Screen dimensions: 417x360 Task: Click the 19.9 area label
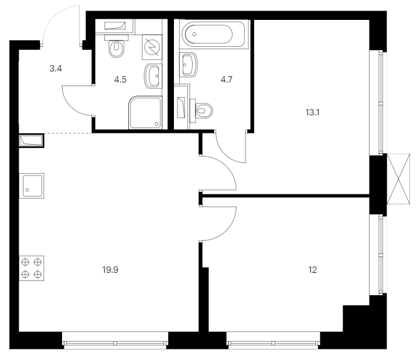tap(110, 270)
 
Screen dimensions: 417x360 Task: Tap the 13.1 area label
tap(313, 112)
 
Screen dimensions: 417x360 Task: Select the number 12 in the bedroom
tap(313, 270)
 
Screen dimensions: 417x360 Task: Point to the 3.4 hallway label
tap(56, 68)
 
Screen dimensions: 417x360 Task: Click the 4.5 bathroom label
tap(120, 80)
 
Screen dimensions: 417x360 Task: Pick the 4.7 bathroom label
tap(227, 80)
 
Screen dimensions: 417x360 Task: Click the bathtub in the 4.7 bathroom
tap(212, 34)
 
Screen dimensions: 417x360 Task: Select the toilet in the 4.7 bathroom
tap(201, 111)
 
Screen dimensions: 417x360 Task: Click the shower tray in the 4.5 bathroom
tap(145, 113)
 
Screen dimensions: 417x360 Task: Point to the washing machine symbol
tap(152, 47)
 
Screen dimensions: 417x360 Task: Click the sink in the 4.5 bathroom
tap(153, 76)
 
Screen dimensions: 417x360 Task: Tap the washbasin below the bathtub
tap(189, 64)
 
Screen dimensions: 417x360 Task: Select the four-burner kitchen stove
tap(32, 268)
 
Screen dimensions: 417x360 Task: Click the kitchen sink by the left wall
tap(32, 186)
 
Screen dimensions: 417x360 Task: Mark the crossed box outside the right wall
tap(398, 179)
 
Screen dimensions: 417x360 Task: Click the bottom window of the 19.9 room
tap(115, 340)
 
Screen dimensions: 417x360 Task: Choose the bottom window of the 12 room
tap(274, 340)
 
